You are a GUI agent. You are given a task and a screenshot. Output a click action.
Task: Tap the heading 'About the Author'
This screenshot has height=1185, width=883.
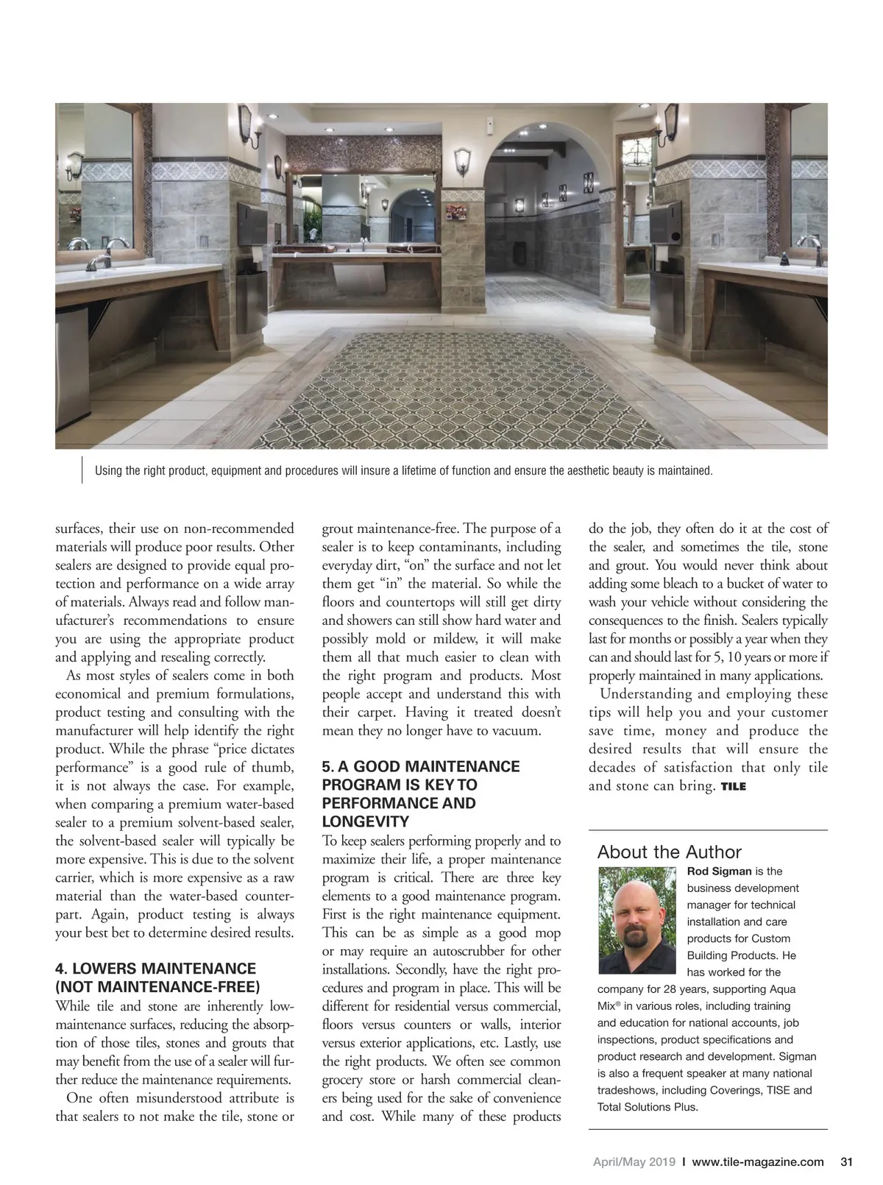(669, 852)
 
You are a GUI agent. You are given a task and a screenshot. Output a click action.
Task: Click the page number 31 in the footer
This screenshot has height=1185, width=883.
(845, 1162)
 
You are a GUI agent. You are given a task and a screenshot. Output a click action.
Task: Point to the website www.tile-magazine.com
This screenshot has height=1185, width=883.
(758, 1162)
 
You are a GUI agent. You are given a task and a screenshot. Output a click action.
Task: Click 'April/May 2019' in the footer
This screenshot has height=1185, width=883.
(634, 1162)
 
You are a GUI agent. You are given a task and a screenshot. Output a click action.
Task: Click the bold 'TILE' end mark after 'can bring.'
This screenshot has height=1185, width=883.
(734, 787)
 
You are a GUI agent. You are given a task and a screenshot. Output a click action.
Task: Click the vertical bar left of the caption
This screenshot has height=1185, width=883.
(81, 471)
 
